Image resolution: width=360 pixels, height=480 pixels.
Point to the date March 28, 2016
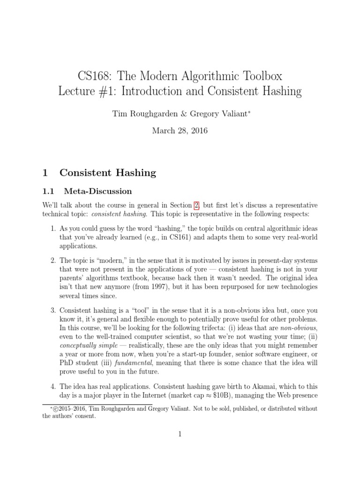coord(180,131)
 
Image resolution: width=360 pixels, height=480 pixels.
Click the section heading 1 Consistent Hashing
coord(99,172)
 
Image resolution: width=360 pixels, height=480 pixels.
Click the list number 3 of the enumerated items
coord(52,310)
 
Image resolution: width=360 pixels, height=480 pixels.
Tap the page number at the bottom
coord(180,435)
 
